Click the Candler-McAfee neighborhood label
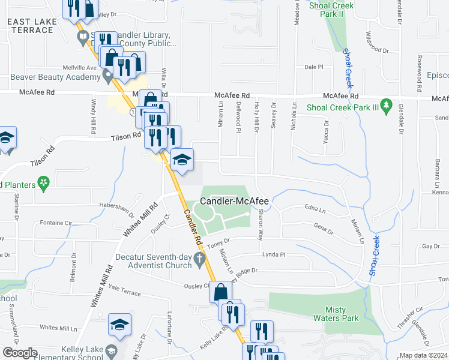coord(234,202)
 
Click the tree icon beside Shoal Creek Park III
coord(387,107)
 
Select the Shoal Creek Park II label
coord(331,10)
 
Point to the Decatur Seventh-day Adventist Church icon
coord(204,257)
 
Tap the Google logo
coord(19,353)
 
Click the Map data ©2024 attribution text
coord(423,355)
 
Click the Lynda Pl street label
coord(273,255)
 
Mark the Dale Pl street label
coord(314,67)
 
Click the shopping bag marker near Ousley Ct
coord(220,292)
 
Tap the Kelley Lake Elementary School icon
coord(110,350)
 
